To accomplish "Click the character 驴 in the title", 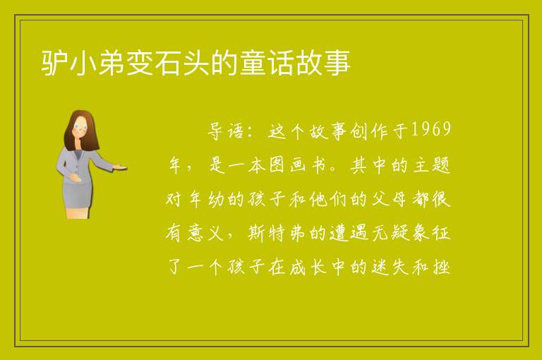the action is tap(54, 63).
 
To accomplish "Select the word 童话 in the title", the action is tap(267, 63).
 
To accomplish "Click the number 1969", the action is tap(430, 130).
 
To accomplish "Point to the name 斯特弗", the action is tap(277, 233).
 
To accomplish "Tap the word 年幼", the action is tap(206, 199).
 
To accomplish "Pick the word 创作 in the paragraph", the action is tap(369, 131).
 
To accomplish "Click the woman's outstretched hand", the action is tap(120, 167).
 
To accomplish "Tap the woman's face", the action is tap(80, 127).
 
